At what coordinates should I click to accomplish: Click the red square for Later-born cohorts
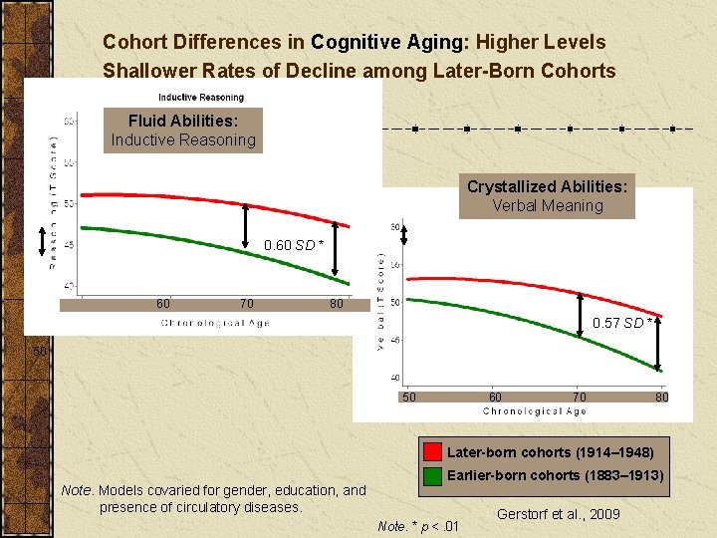pyautogui.click(x=432, y=452)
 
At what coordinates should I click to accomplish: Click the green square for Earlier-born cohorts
pyautogui.click(x=432, y=475)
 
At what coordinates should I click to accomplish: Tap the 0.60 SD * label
pyautogui.click(x=293, y=245)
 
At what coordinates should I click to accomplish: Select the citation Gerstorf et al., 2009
pyautogui.click(x=558, y=514)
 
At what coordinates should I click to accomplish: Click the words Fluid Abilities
pyautogui.click(x=182, y=121)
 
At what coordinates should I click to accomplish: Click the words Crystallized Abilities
pyautogui.click(x=547, y=186)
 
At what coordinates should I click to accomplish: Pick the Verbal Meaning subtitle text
pyautogui.click(x=547, y=206)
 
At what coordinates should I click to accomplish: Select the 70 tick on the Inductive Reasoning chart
pyautogui.click(x=246, y=304)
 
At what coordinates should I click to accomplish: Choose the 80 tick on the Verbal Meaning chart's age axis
pyautogui.click(x=661, y=398)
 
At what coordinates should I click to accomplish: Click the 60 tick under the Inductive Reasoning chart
pyautogui.click(x=162, y=304)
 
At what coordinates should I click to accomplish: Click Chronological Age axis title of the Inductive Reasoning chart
pyautogui.click(x=215, y=323)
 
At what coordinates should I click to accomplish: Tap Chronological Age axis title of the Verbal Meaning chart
pyautogui.click(x=534, y=411)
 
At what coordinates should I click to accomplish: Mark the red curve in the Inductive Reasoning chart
pyautogui.click(x=199, y=197)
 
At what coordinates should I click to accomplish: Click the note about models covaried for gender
pyautogui.click(x=213, y=498)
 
